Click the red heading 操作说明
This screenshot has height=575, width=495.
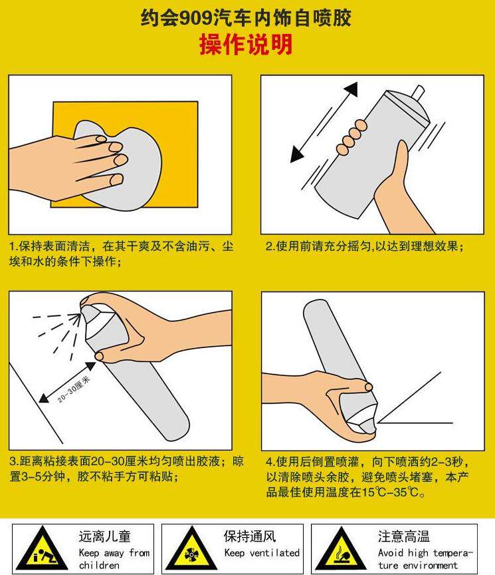[246, 45]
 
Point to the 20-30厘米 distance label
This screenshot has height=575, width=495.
[74, 389]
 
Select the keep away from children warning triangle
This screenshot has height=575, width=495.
[42, 548]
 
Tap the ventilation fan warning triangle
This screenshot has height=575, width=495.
[191, 548]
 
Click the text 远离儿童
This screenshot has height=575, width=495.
[105, 536]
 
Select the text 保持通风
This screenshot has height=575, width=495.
[250, 536]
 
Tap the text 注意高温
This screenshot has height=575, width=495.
[404, 536]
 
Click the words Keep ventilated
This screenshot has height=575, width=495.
[262, 552]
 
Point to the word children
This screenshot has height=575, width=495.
[99, 565]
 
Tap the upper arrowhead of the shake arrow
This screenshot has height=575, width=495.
[351, 89]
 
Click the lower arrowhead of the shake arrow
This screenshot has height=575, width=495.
[297, 154]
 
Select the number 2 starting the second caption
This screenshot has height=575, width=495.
[268, 246]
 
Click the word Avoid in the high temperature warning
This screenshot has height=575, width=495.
[390, 552]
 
